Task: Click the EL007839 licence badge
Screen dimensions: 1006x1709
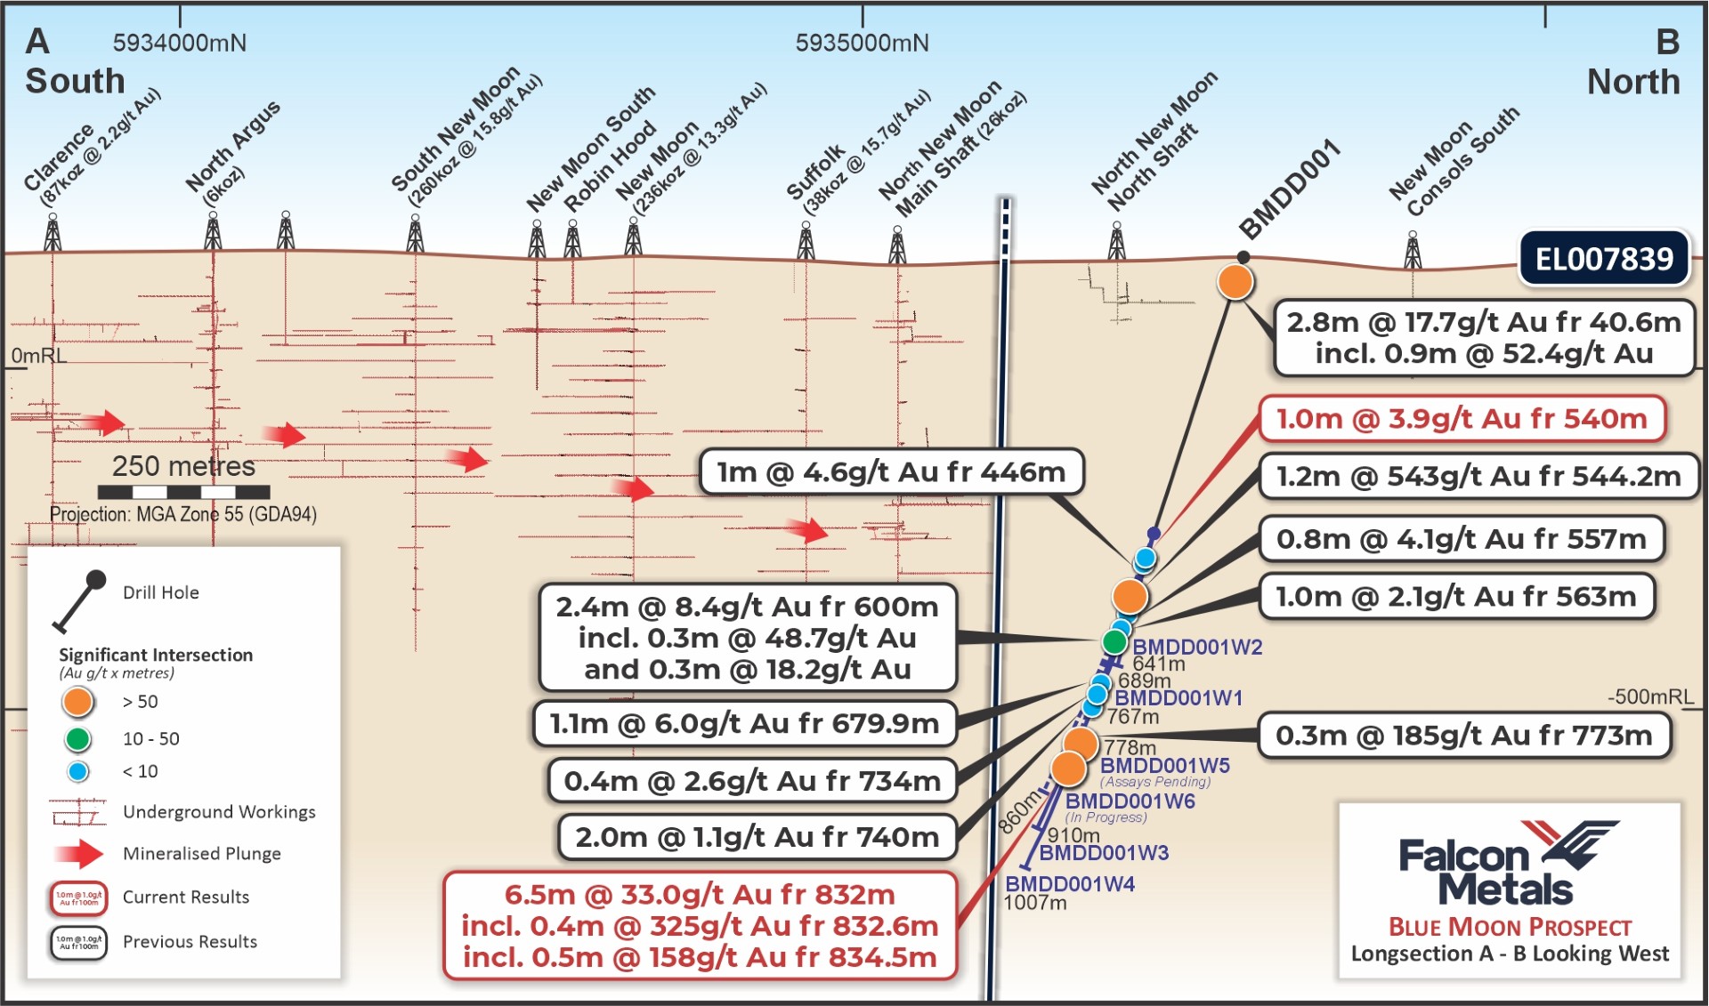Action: [x=1603, y=259]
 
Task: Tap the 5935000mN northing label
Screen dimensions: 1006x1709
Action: [x=862, y=43]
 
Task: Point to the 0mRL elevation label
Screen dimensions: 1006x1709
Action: [x=37, y=356]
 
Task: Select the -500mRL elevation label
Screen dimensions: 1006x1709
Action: [x=1650, y=696]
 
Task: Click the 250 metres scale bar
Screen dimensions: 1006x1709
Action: [x=183, y=491]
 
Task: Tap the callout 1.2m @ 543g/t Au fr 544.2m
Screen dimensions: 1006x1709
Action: [x=1478, y=477]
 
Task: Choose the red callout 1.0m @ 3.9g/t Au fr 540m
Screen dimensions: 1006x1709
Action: [x=1462, y=419]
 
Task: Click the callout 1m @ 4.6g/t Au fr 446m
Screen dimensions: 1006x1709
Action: [x=891, y=471]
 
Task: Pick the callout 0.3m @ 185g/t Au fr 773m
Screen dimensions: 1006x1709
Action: [x=1463, y=736]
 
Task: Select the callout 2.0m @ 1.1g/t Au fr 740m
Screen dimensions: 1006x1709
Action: [x=757, y=837]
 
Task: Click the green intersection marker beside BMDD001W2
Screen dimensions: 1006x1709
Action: [x=1114, y=641]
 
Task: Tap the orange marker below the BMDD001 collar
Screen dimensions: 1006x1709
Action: [x=1235, y=282]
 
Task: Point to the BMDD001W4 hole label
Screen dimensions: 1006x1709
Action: [x=1069, y=884]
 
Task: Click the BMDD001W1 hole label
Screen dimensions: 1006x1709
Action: [x=1178, y=698]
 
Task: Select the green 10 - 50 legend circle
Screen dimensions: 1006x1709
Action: [x=77, y=738]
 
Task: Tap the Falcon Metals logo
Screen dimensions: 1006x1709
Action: [x=1509, y=863]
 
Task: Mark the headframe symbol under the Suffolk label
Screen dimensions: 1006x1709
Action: [x=806, y=242]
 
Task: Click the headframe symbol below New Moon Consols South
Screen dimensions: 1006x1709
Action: [x=1413, y=251]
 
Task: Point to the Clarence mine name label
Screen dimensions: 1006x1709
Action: [x=59, y=157]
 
